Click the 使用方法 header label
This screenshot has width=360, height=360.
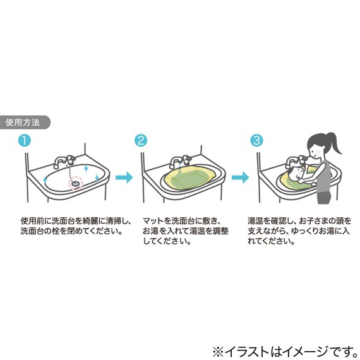(23, 123)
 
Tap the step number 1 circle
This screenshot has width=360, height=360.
(24, 140)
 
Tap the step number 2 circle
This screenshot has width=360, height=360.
(141, 140)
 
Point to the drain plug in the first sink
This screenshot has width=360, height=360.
(76, 182)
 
